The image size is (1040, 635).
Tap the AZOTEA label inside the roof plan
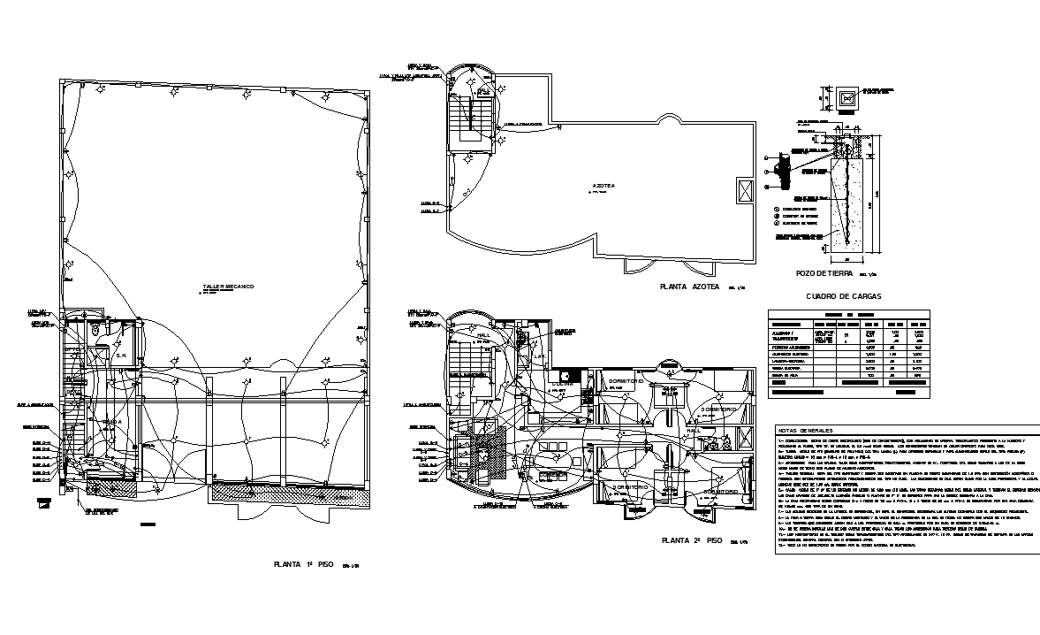tap(603, 186)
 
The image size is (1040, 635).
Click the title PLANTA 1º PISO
tap(302, 563)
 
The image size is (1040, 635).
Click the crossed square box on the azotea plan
tap(744, 190)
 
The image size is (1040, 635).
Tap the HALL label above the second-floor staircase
tap(483, 336)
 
